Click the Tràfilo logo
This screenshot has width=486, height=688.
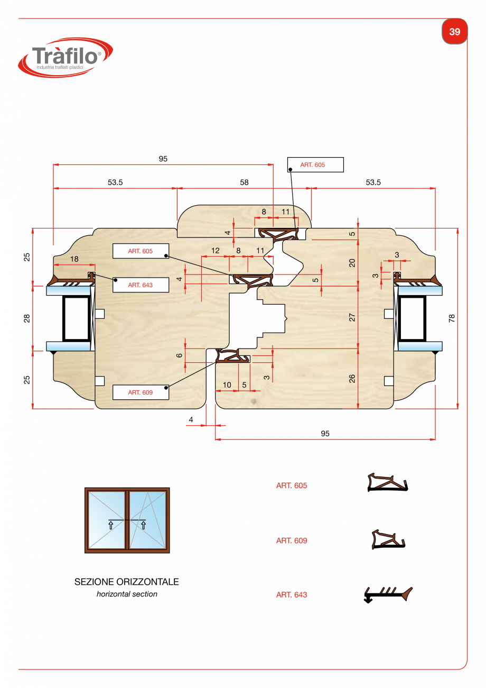pos(66,57)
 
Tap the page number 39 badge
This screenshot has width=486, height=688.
pos(454,32)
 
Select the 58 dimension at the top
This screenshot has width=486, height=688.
pos(244,182)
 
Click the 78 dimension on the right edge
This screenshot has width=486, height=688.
pos(452,318)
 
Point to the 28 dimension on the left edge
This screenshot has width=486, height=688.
pos(27,318)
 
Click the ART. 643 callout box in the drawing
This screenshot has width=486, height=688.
pos(141,285)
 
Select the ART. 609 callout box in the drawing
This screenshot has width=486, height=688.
pos(141,392)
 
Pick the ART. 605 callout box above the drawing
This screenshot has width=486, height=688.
pos(315,164)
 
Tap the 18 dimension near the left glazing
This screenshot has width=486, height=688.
pos(74,259)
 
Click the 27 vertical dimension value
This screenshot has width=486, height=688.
pos(352,317)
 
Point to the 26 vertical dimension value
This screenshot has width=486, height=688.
pos(352,379)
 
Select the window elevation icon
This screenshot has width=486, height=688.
pos(127,520)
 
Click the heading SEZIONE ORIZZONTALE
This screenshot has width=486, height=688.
pos(127,582)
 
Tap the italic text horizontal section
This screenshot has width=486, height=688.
pos(127,594)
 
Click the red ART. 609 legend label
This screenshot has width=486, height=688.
pos(292,540)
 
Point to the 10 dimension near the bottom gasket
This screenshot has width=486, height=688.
pos(227,385)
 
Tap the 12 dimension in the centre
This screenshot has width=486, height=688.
pos(216,251)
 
